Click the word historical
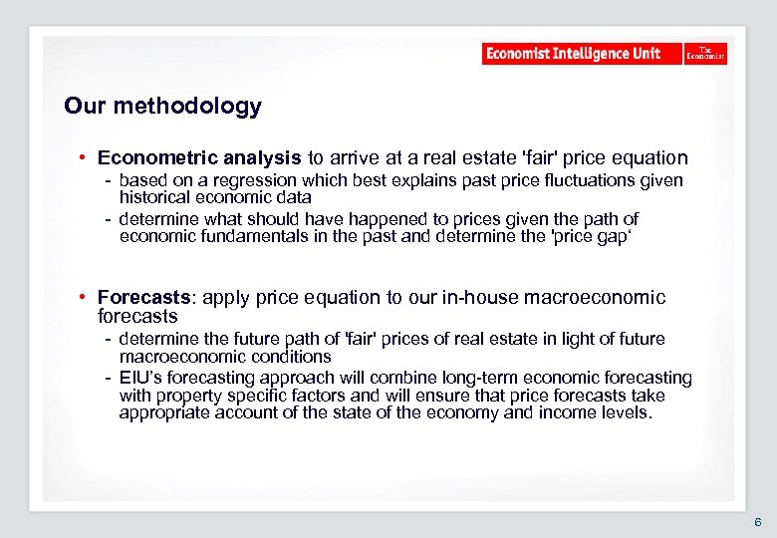coord(154,197)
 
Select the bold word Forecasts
coord(142,297)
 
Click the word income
coord(568,412)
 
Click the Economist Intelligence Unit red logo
coord(582,54)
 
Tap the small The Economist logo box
coord(705,54)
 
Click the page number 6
coord(757,522)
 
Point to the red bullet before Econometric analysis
coord(88,157)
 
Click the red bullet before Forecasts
coord(88,297)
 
